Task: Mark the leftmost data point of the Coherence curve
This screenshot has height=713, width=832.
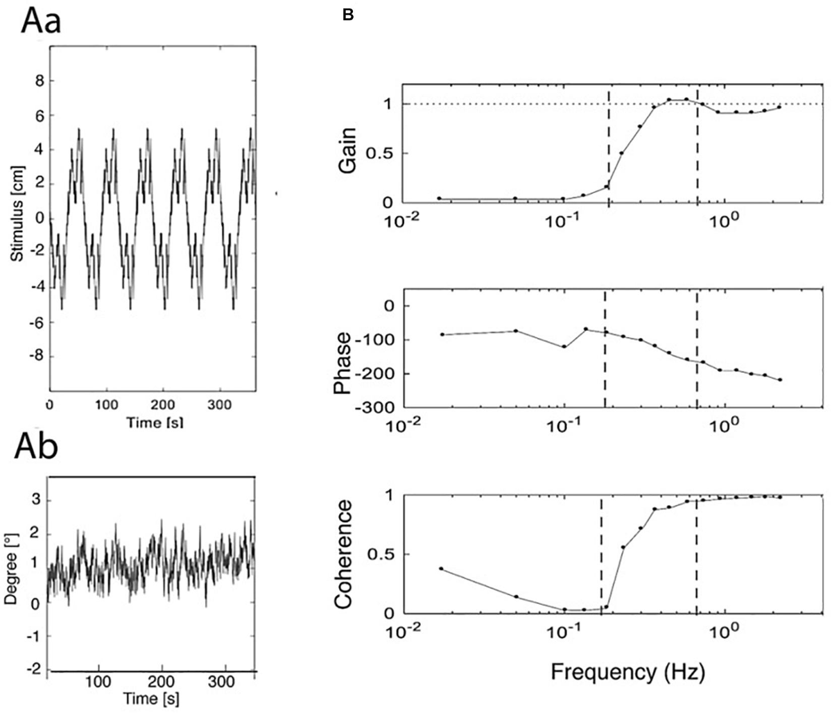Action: click(442, 569)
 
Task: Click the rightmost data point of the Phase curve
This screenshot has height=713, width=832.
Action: click(780, 379)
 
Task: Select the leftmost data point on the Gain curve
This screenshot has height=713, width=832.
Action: click(440, 198)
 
